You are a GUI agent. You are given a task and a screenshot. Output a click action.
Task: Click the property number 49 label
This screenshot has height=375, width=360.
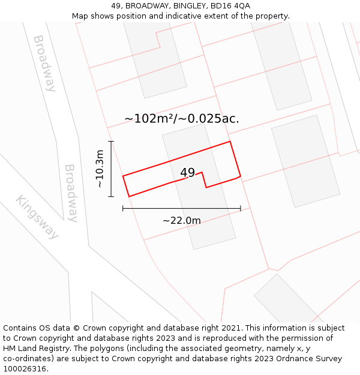(187, 173)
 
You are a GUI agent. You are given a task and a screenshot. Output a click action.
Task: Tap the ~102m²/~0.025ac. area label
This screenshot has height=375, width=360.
(181, 119)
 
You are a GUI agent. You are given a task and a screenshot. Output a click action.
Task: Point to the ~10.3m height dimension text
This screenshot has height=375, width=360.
(100, 169)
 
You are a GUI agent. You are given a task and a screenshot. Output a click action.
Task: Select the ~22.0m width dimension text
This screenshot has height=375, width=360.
(181, 220)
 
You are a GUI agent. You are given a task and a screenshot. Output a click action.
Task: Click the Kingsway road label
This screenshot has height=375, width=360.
(38, 217)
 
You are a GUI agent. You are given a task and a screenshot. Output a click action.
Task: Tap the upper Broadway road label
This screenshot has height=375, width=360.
(44, 63)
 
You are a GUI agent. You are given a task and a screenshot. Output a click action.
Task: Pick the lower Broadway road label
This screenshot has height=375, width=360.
(71, 193)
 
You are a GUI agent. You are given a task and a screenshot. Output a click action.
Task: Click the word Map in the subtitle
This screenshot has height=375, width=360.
(81, 16)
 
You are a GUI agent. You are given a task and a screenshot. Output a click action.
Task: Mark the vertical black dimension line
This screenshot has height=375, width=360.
(111, 169)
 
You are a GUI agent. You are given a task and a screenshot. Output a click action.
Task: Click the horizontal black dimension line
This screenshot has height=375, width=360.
(181, 208)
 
